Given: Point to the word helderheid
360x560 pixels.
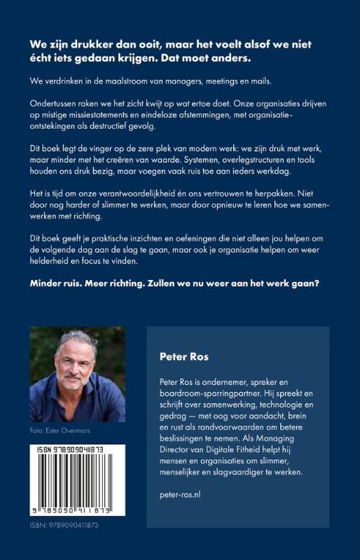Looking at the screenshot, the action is pyautogui.click(x=54, y=261).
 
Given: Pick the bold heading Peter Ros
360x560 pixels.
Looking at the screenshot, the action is pyautogui.click(x=183, y=354).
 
